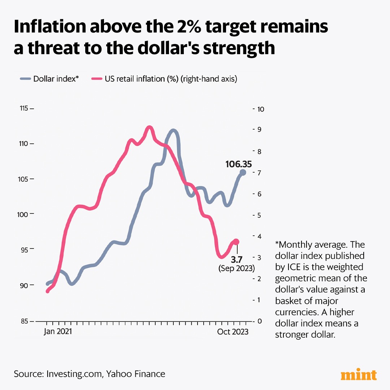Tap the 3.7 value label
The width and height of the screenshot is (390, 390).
point(237,260)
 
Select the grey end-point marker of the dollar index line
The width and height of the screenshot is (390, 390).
point(243,172)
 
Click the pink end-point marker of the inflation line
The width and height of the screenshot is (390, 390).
point(236,242)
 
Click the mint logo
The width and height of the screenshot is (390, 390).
point(359,375)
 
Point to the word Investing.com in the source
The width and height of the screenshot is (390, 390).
point(74,374)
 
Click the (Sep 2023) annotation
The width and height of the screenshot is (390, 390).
point(237,269)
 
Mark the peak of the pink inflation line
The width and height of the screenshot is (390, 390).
point(149,127)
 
